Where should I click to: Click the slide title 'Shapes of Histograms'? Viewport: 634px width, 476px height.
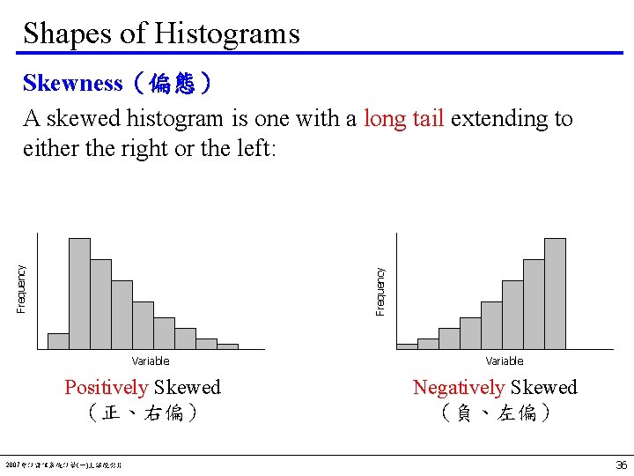[x=161, y=33]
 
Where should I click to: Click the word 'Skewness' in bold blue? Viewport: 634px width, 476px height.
[x=73, y=84]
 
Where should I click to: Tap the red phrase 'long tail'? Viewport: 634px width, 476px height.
[x=403, y=119]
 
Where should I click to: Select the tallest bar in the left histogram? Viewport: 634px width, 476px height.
[x=79, y=294]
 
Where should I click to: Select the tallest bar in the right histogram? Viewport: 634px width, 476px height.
[x=555, y=294]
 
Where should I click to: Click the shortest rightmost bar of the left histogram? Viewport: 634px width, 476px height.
[x=227, y=346]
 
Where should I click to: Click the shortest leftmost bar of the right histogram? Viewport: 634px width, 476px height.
[x=407, y=346]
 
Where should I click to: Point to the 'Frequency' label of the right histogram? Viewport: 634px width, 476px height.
[x=380, y=291]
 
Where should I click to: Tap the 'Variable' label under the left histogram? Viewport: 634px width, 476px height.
[x=151, y=361]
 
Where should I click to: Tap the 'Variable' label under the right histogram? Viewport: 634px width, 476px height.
[x=505, y=361]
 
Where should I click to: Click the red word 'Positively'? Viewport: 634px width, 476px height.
[x=107, y=388]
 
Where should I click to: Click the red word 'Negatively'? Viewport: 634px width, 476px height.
[x=459, y=388]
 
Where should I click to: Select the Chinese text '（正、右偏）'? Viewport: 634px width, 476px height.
[x=143, y=413]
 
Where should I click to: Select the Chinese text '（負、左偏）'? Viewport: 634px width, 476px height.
[x=495, y=413]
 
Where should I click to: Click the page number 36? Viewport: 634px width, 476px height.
[x=621, y=465]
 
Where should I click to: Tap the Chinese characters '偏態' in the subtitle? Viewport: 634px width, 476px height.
[x=172, y=84]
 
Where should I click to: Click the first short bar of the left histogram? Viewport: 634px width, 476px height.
[x=58, y=340]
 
